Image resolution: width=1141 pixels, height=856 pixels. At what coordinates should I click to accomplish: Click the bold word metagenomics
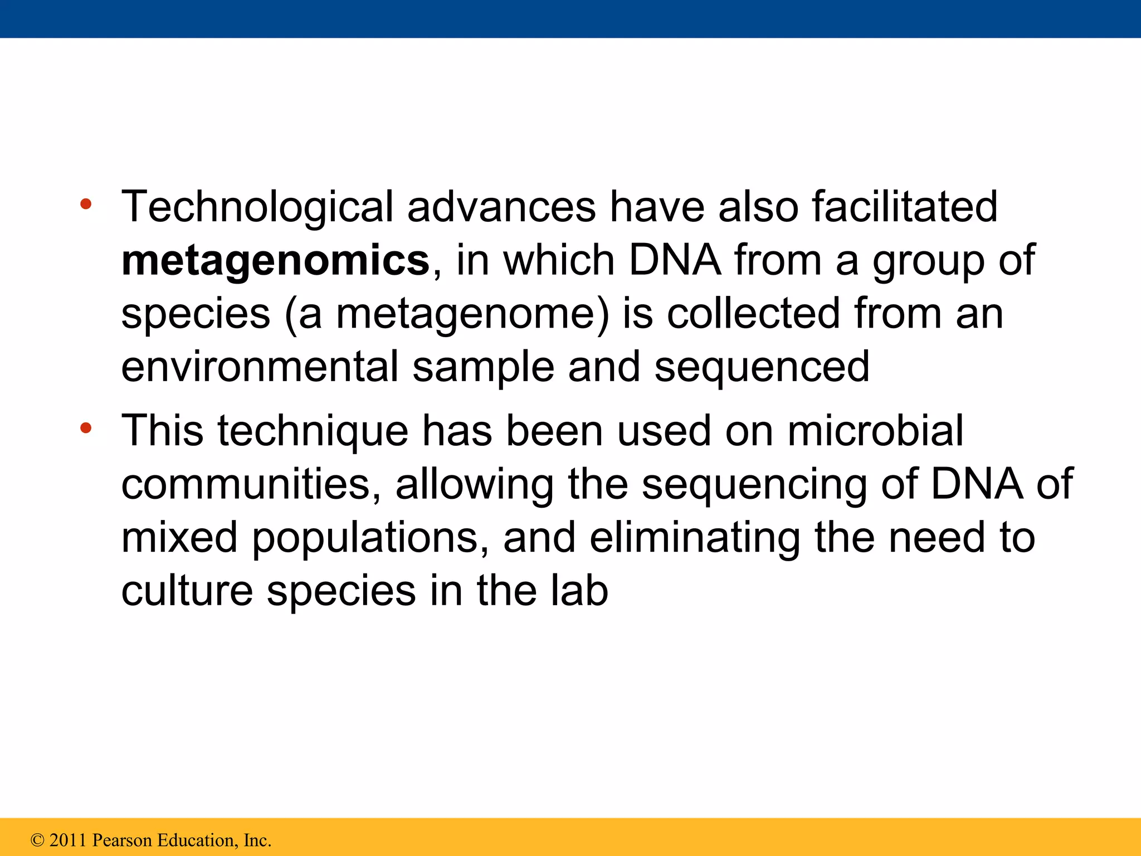[275, 261]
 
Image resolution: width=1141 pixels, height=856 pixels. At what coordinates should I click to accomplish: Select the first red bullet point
[86, 204]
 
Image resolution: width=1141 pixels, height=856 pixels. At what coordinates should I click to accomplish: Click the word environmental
[260, 367]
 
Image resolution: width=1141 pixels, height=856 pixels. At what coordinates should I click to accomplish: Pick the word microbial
[875, 431]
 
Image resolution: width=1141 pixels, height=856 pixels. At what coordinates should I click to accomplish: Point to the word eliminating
[695, 537]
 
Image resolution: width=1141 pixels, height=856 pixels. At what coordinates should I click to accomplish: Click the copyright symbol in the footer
[37, 840]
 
